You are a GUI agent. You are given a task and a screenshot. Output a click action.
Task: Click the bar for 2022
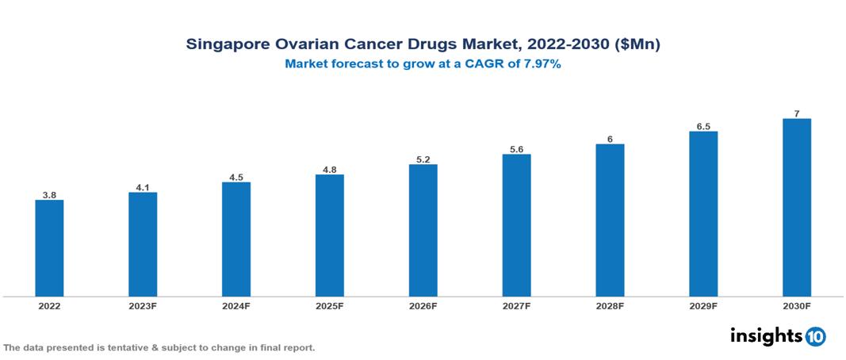49,248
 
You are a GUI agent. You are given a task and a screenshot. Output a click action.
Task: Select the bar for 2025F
330,236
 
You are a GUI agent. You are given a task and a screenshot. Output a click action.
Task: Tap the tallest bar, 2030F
797,208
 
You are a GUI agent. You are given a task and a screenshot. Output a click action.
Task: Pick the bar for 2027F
517,225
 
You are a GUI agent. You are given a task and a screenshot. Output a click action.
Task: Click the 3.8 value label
49,194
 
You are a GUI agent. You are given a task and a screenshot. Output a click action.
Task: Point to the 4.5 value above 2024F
236,177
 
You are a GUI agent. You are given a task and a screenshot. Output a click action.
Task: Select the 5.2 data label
423,159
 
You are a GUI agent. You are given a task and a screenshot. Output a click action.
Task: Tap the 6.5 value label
703,125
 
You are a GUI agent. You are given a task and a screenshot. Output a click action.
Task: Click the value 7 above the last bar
797,113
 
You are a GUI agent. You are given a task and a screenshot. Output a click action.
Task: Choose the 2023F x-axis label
143,305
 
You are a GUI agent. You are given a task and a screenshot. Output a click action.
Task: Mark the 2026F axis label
423,305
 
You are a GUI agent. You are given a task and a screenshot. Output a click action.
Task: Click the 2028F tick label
610,305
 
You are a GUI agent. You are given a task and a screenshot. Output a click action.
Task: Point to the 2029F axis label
703,305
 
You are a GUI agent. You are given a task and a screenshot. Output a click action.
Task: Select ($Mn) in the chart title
637,44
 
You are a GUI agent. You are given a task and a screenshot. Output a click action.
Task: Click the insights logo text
765,335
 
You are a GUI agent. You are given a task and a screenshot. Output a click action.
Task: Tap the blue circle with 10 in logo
816,336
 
